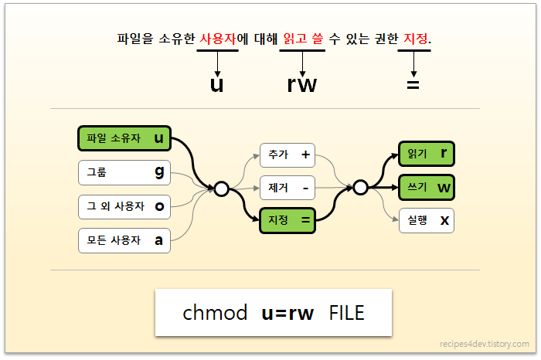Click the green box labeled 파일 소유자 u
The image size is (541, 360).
pyautogui.click(x=124, y=138)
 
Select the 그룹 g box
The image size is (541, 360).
pyautogui.click(x=124, y=172)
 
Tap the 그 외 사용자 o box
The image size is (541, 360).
pyautogui.click(x=124, y=205)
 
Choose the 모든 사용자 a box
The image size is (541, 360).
pyautogui.click(x=124, y=240)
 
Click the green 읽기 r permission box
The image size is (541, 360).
pyautogui.click(x=426, y=154)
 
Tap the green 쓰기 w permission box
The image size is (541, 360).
pyautogui.click(x=426, y=187)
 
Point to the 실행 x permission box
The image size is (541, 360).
pyautogui.click(x=426, y=220)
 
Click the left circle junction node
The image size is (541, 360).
pyautogui.click(x=221, y=188)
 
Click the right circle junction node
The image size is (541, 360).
pyautogui.click(x=360, y=187)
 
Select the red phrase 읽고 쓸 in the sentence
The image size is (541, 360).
pyautogui.click(x=302, y=38)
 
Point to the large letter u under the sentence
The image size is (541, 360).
pyautogui.click(x=216, y=83)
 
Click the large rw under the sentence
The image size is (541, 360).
pyautogui.click(x=301, y=83)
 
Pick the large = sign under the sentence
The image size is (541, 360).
pyautogui.click(x=413, y=83)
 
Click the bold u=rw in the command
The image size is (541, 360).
pyautogui.click(x=288, y=313)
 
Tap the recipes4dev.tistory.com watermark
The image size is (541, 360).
pyautogui.click(x=484, y=344)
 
